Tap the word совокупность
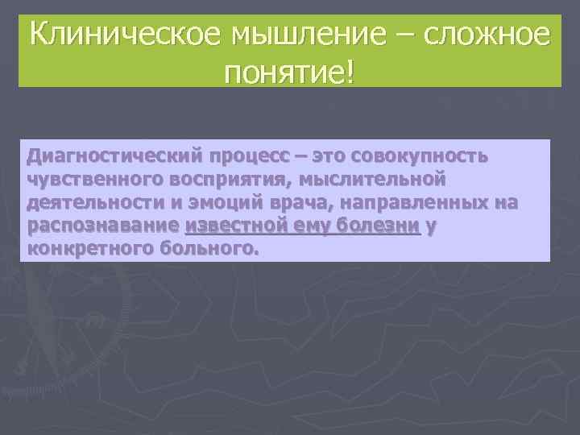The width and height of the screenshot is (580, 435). (417, 155)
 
